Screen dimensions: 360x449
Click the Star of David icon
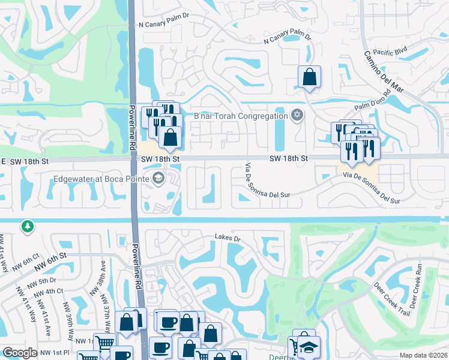(x=297, y=115)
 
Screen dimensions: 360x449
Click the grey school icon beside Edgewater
(x=158, y=177)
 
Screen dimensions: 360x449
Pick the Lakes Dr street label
(x=228, y=239)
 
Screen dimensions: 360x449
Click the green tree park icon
(x=26, y=227)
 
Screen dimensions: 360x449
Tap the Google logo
(x=20, y=353)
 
